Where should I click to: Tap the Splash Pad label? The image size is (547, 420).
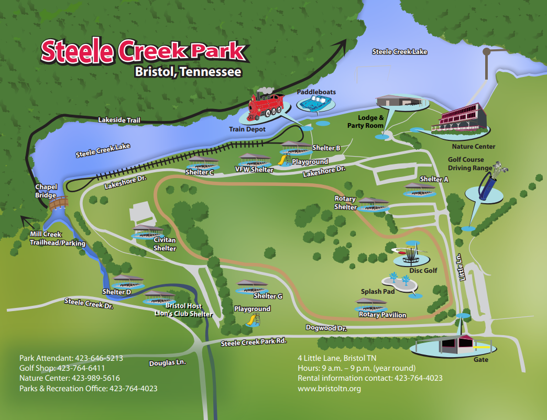point(377,291)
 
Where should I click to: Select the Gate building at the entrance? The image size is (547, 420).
point(454,344)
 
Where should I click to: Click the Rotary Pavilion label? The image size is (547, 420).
point(382,315)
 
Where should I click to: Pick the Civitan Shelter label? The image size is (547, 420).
point(165,244)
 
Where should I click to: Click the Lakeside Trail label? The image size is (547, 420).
point(119,120)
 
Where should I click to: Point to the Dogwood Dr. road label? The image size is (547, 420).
point(326,328)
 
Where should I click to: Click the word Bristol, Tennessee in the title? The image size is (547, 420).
point(188,71)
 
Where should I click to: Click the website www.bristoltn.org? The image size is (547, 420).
point(329,389)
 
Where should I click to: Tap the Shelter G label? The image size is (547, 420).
point(268,296)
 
